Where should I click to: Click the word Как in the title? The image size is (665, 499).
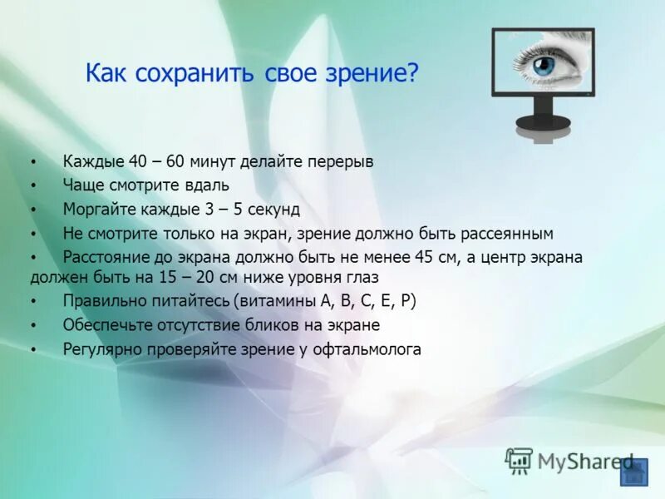106,75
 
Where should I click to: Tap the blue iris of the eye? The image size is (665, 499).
544,65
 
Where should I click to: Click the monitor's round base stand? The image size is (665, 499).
543,123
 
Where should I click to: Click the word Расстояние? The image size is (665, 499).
104,257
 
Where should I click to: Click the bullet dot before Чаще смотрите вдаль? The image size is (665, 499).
33,185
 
